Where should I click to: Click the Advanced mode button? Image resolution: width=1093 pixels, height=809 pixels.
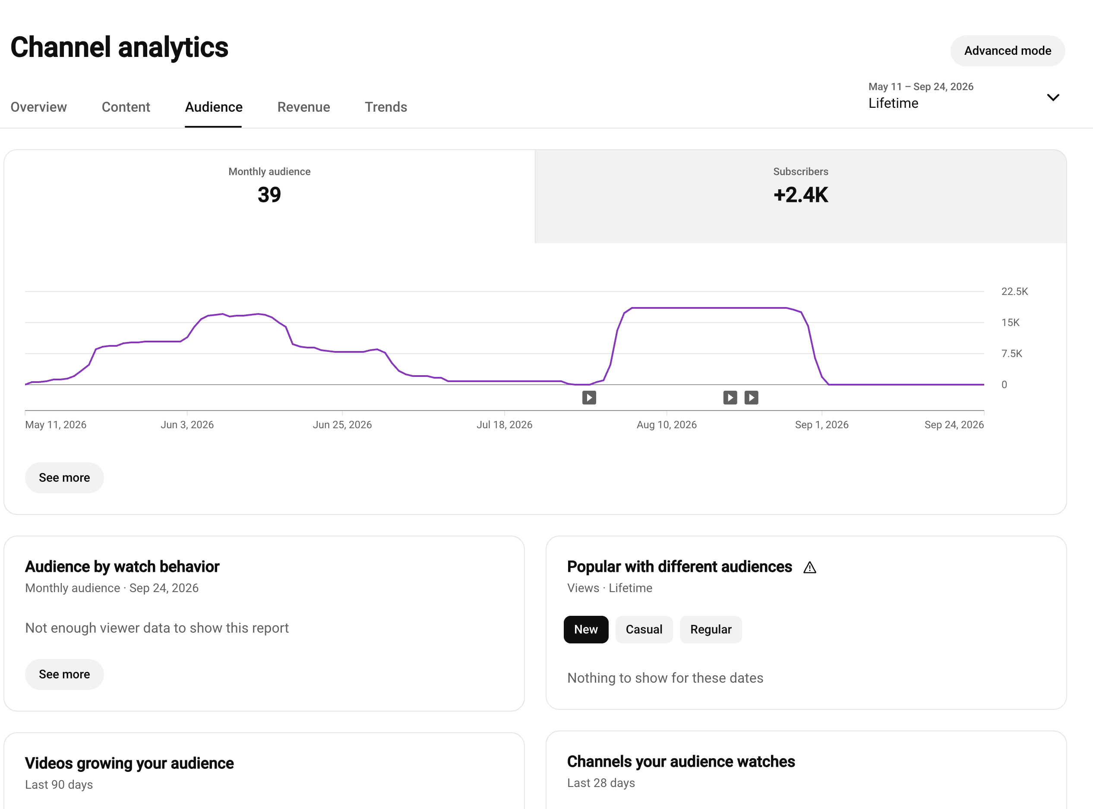click(1007, 50)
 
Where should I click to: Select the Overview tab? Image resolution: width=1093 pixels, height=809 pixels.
click(39, 107)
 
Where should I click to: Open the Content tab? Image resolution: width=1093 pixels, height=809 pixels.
click(126, 107)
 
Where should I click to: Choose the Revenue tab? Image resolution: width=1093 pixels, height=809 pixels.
click(303, 107)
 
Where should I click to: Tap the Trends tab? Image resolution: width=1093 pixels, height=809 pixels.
click(386, 107)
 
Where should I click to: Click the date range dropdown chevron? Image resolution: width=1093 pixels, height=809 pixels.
click(1053, 97)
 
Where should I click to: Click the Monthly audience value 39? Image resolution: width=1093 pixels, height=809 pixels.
click(269, 195)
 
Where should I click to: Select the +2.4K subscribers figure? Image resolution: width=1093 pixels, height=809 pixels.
click(801, 195)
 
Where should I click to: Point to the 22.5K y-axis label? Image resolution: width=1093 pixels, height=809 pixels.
click(1014, 292)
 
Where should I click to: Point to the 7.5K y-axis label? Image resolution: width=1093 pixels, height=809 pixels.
click(1012, 354)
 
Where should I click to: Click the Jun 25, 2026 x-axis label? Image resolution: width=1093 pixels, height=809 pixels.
click(342, 425)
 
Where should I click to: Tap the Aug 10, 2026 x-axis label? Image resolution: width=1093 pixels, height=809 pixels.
click(667, 425)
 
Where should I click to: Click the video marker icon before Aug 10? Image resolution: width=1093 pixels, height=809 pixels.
click(589, 398)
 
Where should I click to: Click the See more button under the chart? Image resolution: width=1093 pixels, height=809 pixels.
click(64, 477)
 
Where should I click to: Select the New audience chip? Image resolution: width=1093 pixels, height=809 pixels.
click(586, 629)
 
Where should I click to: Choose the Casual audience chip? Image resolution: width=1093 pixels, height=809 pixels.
click(644, 629)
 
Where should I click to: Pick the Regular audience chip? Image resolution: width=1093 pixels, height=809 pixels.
click(711, 629)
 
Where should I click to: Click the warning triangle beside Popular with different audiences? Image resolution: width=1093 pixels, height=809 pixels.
click(810, 568)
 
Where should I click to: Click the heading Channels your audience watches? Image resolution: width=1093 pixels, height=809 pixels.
click(681, 762)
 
